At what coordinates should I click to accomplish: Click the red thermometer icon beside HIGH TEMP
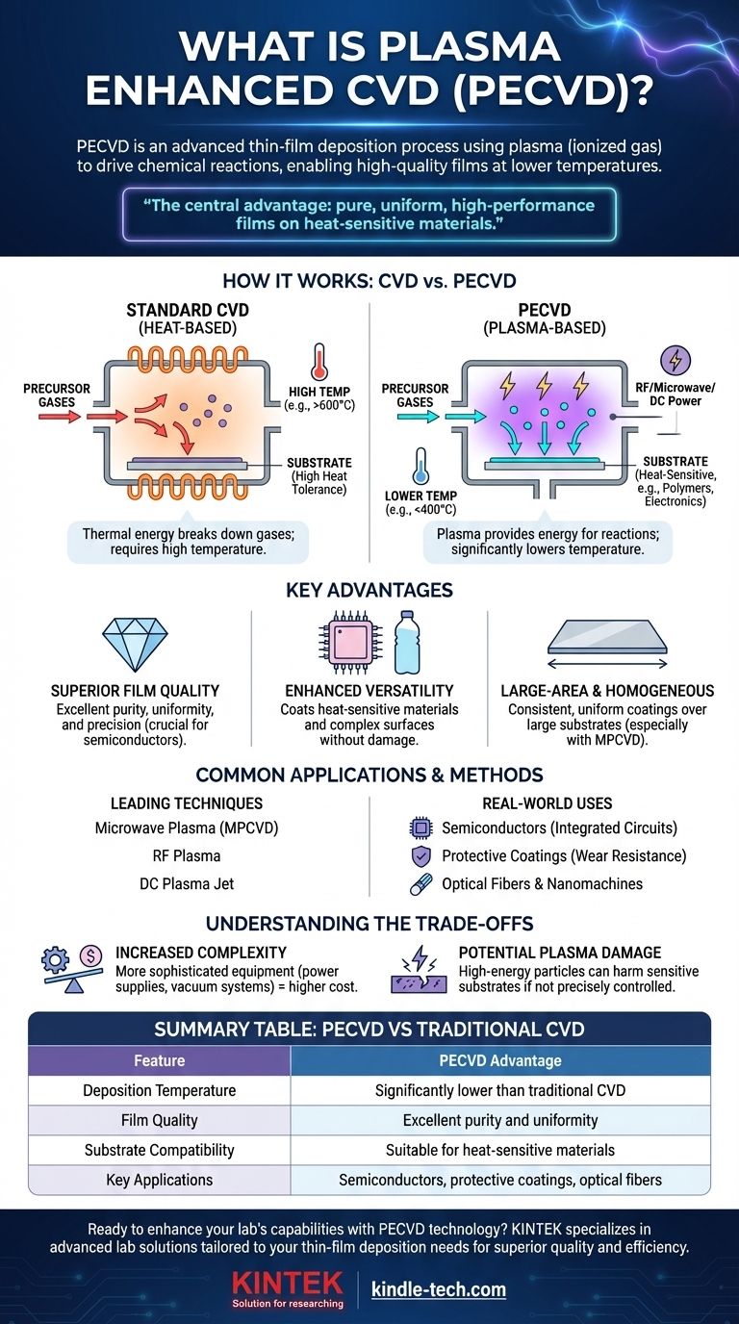[320, 360]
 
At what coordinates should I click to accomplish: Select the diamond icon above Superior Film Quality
[134, 644]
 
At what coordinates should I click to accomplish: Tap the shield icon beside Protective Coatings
[419, 855]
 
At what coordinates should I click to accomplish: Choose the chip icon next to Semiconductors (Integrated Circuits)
[419, 827]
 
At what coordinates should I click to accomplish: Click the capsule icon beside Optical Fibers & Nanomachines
[419, 882]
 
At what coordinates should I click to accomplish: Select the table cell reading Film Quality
[160, 1120]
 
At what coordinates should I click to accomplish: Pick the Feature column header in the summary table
[160, 1060]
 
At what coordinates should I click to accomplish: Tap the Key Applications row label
[160, 1179]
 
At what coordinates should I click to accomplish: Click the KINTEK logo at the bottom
[289, 1288]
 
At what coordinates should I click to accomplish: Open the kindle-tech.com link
[439, 1289]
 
